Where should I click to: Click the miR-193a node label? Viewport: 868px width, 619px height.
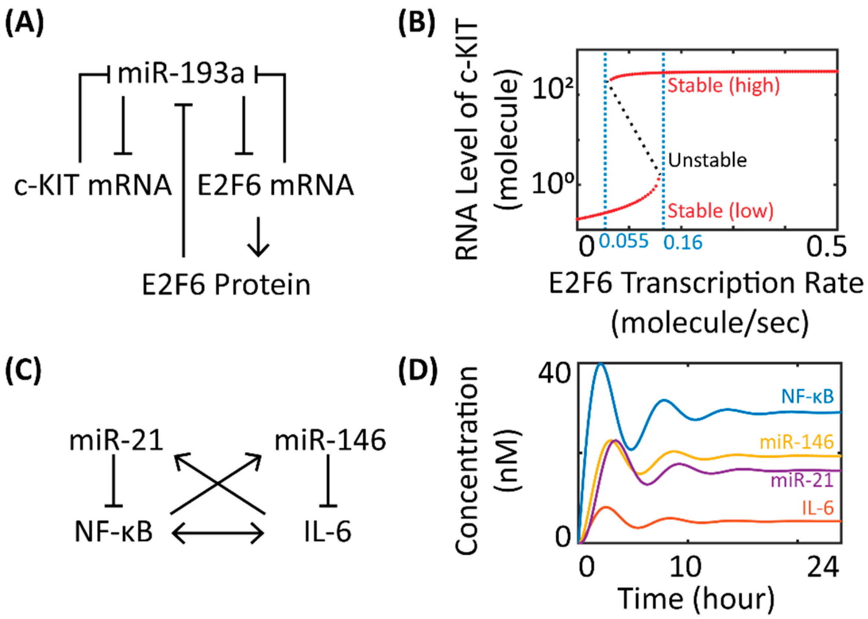181,74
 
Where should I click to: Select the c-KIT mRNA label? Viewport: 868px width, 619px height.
92,186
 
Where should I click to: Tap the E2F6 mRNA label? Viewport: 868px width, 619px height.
275,186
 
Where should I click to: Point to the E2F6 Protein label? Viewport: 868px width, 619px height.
226,285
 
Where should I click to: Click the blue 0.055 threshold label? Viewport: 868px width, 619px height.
624,241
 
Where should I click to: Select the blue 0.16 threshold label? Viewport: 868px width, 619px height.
683,243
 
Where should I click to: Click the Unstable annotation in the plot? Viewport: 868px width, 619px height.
708,160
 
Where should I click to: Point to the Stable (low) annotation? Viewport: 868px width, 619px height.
720,211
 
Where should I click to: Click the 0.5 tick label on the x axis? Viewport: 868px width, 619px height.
826,247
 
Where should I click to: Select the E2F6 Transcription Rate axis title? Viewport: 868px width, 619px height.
706,284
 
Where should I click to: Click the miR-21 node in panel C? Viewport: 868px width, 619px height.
116,441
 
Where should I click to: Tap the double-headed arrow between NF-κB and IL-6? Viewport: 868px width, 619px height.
218,532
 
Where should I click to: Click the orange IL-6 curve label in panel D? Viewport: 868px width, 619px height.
818,508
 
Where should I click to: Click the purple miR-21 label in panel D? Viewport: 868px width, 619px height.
802,480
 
